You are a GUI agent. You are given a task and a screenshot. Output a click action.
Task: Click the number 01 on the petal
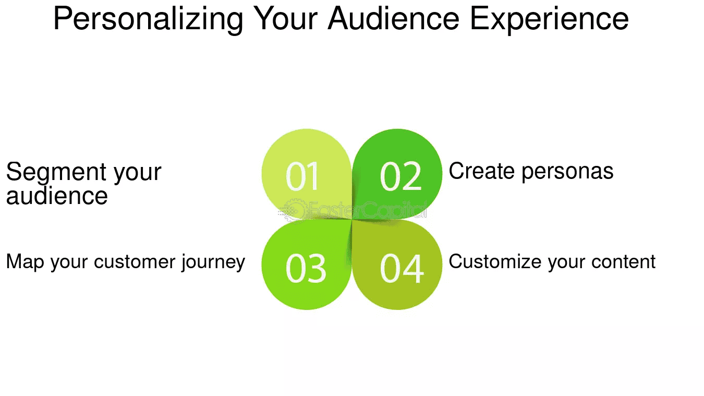pos(303,176)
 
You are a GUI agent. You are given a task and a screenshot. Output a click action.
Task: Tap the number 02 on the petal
pos(400,176)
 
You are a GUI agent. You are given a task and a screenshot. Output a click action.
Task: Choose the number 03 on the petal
pos(306,269)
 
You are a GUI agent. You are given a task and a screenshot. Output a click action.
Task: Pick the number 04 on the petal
pos(402,269)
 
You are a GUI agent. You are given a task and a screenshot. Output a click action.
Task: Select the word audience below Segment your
pos(57,196)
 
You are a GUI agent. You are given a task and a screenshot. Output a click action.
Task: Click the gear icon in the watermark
pos(292,210)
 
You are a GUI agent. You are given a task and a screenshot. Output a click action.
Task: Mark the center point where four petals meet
pos(352,219)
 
